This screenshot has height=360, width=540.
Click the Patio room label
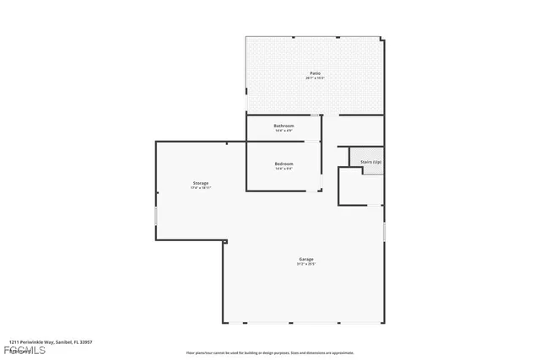click(x=314, y=74)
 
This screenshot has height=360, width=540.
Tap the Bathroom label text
click(x=283, y=126)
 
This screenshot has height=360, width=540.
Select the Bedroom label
click(x=283, y=164)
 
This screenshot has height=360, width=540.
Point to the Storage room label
click(x=200, y=183)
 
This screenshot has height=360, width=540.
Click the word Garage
click(x=305, y=259)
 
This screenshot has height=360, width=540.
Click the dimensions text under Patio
click(x=314, y=79)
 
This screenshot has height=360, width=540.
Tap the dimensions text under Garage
click(x=305, y=264)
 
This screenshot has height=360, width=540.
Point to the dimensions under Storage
click(x=200, y=188)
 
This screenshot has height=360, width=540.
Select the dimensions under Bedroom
click(x=283, y=169)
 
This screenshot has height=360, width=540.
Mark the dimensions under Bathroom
click(x=283, y=131)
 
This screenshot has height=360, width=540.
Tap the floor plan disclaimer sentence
click(x=270, y=353)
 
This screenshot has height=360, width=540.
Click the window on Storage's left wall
click(x=156, y=216)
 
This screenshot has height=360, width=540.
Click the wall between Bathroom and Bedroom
click(x=283, y=141)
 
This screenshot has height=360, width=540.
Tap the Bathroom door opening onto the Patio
click(x=316, y=115)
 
